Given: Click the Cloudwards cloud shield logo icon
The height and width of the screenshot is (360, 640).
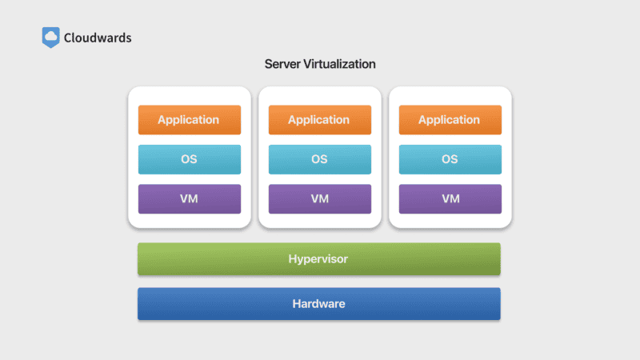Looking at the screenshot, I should pos(50,37).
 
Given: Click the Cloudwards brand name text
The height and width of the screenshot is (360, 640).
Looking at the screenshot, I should pos(98,37).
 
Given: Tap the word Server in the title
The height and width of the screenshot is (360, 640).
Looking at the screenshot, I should pos(283,64).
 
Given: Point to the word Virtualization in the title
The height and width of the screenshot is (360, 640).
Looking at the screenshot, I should pos(340,64).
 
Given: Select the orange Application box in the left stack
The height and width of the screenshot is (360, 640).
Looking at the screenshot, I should pos(189,120).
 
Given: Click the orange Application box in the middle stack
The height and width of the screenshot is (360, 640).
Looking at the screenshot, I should pos(319,120).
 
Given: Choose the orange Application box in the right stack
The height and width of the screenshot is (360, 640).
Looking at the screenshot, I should pos(450,120).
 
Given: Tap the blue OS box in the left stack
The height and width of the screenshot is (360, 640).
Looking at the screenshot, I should pos(189,159).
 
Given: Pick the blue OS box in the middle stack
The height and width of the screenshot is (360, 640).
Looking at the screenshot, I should pos(319,159).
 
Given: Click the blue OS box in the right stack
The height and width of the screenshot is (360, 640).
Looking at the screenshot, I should pos(450,159).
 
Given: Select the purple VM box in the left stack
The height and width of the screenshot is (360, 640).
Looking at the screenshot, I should pos(189,198).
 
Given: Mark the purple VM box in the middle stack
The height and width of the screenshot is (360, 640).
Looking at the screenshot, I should pos(319,198).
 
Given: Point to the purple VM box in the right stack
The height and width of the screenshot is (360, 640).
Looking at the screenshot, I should pos(450,198).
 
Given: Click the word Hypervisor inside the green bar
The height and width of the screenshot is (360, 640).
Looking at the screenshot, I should pos(318,259).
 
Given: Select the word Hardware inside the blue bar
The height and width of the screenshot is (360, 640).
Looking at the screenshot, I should pos(318,304).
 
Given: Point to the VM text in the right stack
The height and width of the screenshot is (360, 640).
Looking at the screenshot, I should pos(450,198).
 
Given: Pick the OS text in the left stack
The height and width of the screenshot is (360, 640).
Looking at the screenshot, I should pos(189,159).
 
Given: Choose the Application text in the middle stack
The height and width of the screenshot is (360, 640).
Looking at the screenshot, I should pos(318,120).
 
